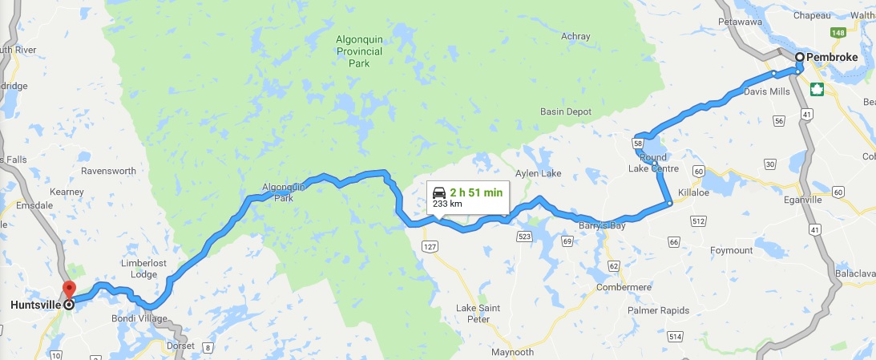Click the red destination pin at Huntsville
click(68, 289)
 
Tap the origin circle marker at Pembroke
click(800, 57)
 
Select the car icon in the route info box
click(439, 192)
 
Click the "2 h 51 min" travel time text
click(476, 192)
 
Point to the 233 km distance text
click(447, 204)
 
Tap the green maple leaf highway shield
click(817, 89)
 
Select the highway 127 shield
click(431, 247)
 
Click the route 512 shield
click(699, 221)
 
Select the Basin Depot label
click(565, 111)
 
